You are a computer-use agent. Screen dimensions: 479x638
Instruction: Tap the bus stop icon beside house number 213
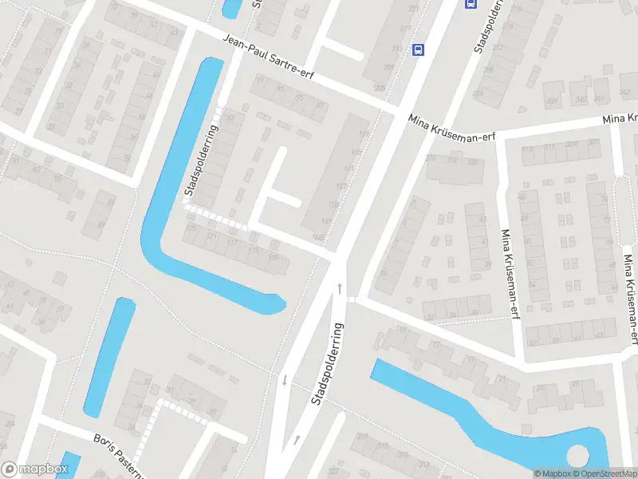(x=417, y=49)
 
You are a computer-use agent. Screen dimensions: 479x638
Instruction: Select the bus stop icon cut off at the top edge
(x=471, y=3)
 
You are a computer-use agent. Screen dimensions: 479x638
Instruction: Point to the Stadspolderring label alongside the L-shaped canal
(x=200, y=160)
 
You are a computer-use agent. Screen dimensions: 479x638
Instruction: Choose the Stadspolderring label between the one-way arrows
(x=327, y=363)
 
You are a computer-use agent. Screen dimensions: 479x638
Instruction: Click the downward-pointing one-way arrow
(x=284, y=378)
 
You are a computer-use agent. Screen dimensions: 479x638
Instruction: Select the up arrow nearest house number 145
(x=341, y=287)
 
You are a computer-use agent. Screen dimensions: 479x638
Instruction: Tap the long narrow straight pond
(x=110, y=355)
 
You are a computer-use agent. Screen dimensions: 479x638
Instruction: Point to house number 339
(x=551, y=101)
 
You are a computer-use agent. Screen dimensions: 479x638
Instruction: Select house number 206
(x=488, y=69)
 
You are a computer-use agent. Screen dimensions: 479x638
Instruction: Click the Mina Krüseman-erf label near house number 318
(x=451, y=128)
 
